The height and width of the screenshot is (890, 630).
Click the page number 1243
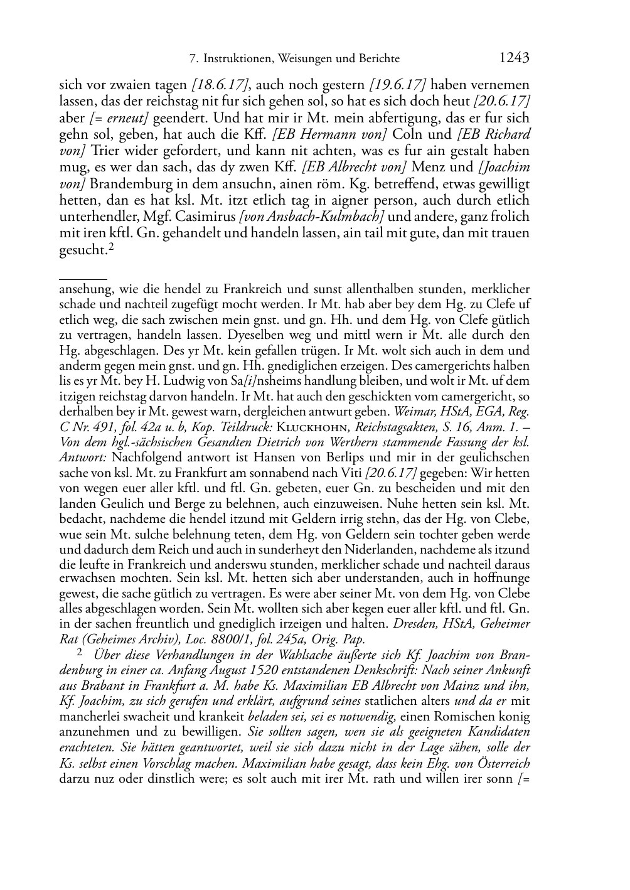[x=514, y=58]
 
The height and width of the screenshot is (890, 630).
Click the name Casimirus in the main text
[x=205, y=217]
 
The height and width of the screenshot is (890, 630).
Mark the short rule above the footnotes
[x=82, y=277]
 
